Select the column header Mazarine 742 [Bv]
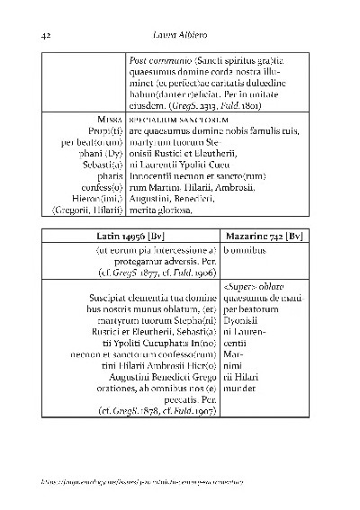point(264,236)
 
